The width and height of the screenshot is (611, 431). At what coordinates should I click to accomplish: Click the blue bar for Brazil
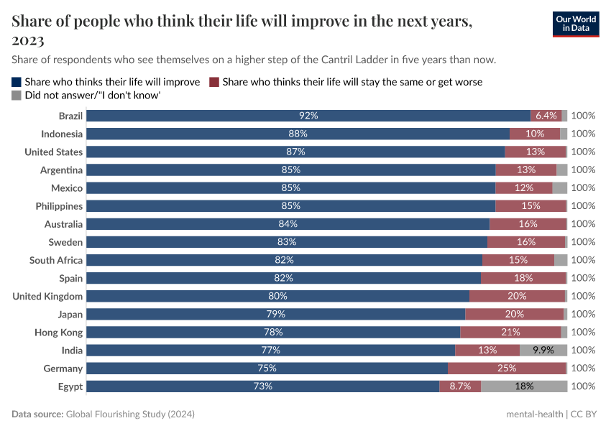point(309,116)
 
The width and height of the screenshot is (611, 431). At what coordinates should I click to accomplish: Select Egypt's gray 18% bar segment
point(524,386)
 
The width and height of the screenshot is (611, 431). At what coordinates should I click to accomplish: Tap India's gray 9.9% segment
point(543,351)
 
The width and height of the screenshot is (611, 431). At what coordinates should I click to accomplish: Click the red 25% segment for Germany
point(507,369)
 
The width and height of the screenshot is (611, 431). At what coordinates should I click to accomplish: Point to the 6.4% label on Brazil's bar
point(546,116)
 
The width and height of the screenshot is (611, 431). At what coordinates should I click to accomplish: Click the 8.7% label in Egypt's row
point(460,386)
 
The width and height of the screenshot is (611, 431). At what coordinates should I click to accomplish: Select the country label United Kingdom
point(47,296)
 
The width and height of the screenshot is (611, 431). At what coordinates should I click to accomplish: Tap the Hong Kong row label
point(58,333)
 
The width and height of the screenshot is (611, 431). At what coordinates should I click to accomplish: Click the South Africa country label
point(56,260)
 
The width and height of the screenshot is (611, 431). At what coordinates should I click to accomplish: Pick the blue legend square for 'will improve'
point(17,82)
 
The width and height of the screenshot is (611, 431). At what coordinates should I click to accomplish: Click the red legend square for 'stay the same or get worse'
point(214,82)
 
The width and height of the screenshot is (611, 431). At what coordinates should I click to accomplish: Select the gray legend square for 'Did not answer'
point(17,95)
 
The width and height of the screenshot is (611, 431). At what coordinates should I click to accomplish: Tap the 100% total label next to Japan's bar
point(583,314)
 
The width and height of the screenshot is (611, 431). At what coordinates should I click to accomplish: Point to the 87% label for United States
point(295,152)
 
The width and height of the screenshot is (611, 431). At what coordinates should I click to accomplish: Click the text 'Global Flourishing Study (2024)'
point(130,414)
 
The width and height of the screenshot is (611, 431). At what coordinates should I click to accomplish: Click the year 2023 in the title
point(28,40)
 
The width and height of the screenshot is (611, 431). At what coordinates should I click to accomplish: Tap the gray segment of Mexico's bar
point(560,188)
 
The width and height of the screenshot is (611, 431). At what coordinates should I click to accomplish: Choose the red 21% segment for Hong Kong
point(510,333)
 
